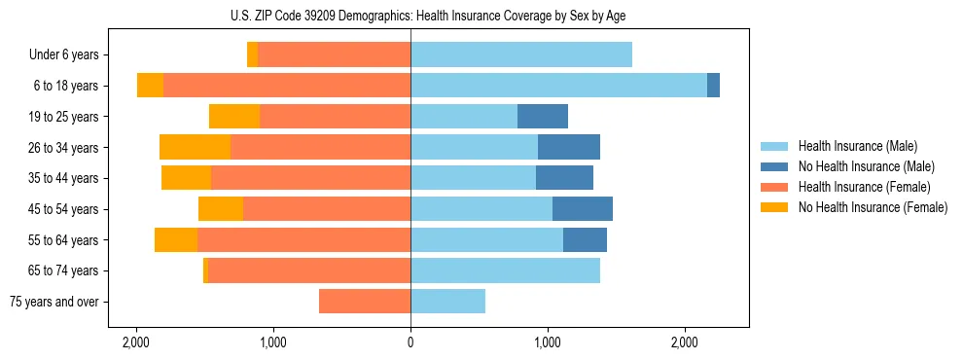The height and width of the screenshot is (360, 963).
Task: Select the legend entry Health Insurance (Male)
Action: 857,146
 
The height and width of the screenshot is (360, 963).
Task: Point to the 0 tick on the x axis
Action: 410,342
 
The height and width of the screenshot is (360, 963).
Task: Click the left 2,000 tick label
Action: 136,342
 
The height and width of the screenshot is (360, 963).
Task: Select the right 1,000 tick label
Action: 548,342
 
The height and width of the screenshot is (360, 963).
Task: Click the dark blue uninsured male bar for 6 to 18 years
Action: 713,86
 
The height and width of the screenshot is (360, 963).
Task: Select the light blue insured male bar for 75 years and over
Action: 447,302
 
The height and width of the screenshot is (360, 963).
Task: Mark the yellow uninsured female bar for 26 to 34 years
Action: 195,147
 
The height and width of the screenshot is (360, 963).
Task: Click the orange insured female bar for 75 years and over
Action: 365,302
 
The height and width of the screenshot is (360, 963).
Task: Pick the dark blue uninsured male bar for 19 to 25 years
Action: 542,117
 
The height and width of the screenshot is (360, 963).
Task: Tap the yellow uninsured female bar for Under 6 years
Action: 252,55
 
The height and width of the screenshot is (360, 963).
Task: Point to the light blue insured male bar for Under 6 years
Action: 520,55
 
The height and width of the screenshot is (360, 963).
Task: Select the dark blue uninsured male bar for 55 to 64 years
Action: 585,240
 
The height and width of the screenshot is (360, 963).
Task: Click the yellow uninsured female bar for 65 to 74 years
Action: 205,270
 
